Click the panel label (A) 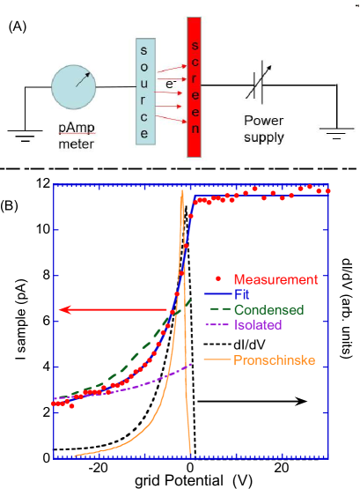(18, 27)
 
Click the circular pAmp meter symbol (75, 85)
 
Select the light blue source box (144, 90)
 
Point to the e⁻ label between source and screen (170, 84)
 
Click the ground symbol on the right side (334, 133)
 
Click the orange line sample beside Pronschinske (217, 359)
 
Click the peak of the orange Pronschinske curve (181, 190)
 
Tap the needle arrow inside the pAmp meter (84, 78)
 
